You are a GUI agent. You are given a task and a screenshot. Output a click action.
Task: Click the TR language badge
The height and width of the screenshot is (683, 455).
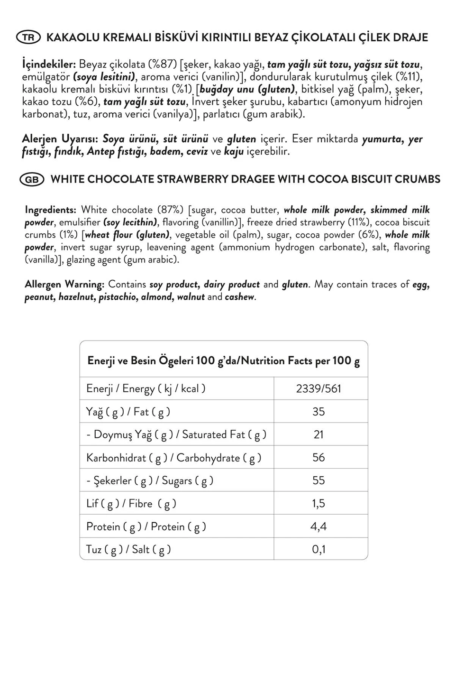coord(29,37)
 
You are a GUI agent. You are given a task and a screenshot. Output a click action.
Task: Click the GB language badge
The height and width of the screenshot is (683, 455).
coord(32,179)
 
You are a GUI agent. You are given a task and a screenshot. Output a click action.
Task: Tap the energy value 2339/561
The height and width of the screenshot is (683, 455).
coord(318,388)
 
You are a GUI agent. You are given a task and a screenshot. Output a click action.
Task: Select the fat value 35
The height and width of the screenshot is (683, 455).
coord(318,411)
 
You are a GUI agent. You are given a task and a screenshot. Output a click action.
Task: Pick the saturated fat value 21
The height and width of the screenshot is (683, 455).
coord(318,434)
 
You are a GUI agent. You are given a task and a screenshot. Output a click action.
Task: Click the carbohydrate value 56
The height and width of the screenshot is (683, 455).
coord(318,457)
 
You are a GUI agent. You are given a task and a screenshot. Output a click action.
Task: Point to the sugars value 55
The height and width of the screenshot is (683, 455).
coord(318,480)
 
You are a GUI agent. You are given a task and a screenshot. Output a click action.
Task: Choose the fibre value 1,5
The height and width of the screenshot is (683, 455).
coord(318,503)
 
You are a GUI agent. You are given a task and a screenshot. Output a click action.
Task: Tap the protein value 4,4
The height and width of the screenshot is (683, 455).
coord(318,526)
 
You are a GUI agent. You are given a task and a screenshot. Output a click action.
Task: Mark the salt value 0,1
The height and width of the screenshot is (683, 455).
coord(318,549)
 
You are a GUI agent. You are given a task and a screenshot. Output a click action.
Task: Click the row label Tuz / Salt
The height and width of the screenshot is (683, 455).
coord(128,549)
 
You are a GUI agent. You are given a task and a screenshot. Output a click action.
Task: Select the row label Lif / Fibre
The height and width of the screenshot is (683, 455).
coord(131,503)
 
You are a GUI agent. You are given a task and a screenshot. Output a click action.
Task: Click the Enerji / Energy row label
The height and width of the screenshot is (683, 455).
coord(146,388)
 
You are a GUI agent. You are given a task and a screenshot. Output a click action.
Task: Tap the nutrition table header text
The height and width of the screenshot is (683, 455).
coord(224,360)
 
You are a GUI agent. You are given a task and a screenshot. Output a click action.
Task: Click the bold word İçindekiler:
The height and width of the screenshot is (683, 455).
coord(49,64)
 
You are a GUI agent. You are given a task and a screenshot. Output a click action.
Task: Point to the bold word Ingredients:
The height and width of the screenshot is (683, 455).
coord(50,210)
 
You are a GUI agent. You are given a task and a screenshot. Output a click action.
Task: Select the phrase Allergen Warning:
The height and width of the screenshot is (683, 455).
coord(64,284)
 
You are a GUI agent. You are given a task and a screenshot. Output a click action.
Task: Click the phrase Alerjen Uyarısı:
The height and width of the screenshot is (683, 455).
coord(60,139)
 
